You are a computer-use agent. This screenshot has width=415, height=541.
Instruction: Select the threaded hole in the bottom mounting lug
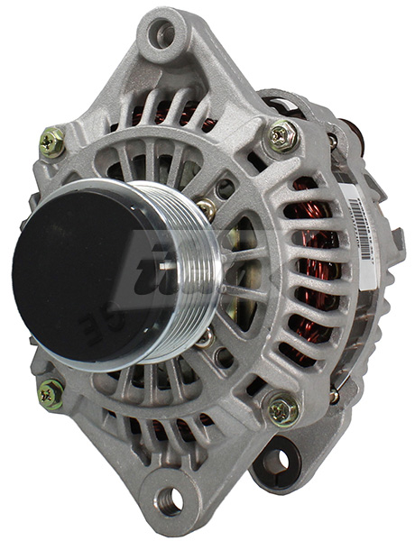pyautogui.click(x=169, y=498)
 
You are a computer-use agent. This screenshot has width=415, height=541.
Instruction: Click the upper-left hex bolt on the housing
pyautogui.click(x=51, y=142)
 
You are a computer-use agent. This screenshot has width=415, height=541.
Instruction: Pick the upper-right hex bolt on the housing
pyautogui.click(x=281, y=135)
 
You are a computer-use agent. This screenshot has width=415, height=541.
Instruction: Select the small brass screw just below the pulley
pyautogui.click(x=206, y=339)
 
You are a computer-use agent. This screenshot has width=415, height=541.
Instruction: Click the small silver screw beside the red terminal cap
pyautogui.click(x=332, y=140)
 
